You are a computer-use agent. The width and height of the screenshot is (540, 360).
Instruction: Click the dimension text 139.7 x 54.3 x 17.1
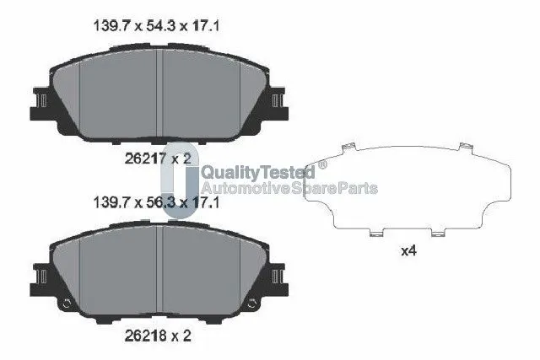pos(156,26)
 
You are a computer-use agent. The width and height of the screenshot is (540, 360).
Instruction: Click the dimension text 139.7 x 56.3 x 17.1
pos(156,202)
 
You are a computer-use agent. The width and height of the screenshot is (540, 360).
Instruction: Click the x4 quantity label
pos(408,251)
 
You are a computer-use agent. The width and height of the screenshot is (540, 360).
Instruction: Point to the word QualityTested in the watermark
pos(258,172)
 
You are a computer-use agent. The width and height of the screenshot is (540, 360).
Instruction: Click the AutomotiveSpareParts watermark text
pos(289,188)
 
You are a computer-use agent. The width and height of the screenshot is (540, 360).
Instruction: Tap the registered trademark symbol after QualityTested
pos(322,164)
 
